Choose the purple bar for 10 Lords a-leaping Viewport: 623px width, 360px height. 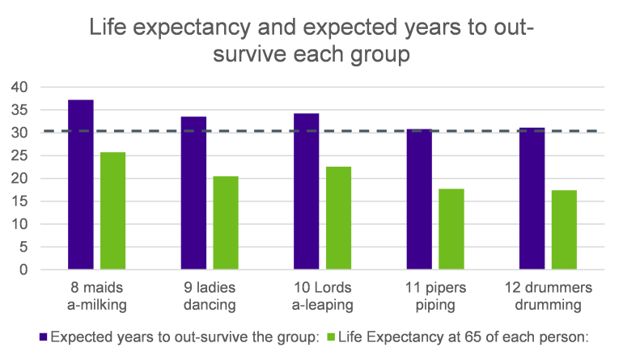[306, 191]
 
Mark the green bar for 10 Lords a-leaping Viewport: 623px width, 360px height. [338, 218]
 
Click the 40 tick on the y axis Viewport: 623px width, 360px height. [19, 87]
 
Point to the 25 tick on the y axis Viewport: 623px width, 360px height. [19, 156]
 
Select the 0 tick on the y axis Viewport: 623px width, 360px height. [23, 270]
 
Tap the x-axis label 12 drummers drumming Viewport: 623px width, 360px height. [548, 296]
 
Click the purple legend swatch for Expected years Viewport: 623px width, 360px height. [43, 337]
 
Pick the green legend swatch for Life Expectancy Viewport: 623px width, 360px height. [333, 337]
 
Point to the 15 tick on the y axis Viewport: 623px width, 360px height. [19, 201]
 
